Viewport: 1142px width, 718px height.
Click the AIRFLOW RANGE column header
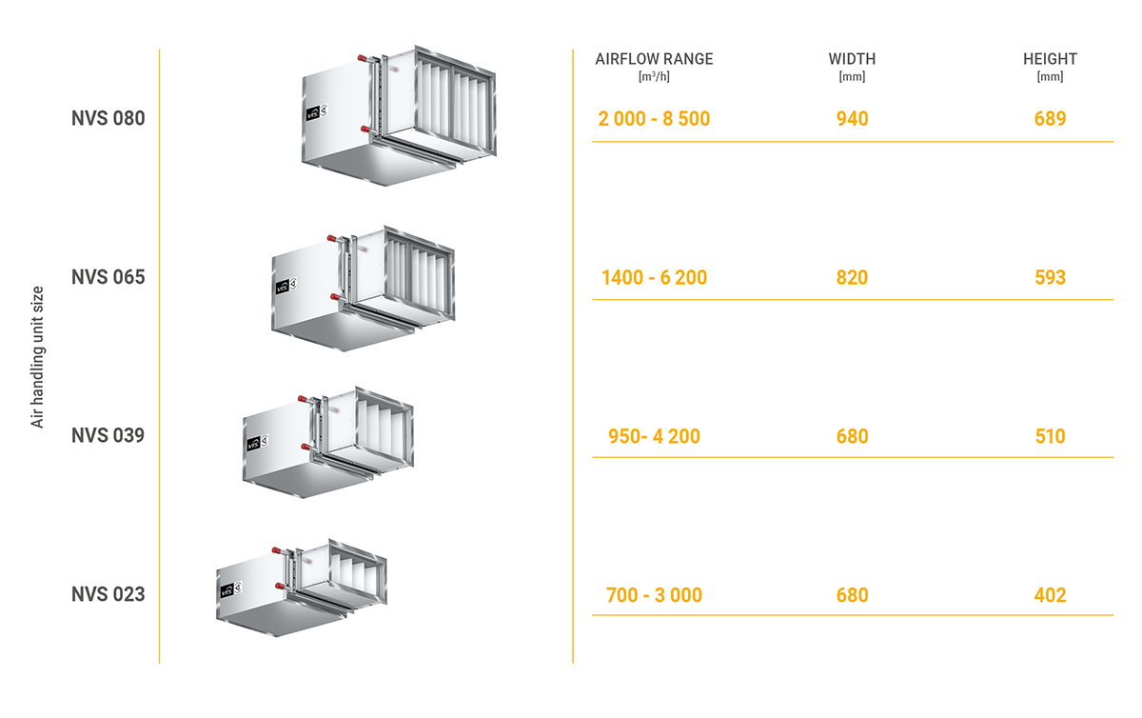tap(654, 59)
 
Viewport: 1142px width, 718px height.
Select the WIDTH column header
tap(852, 59)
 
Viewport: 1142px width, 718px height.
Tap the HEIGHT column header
tap(1050, 59)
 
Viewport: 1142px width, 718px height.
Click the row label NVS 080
tap(108, 119)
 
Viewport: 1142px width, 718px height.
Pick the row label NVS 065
tap(108, 277)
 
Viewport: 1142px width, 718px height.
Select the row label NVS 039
tap(108, 435)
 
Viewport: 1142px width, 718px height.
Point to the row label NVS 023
tap(108, 594)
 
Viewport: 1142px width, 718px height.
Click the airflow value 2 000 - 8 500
tap(654, 119)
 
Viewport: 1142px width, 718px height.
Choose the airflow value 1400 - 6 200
tap(654, 278)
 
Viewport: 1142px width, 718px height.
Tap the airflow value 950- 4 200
tap(654, 436)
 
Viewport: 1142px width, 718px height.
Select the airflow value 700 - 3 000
tap(654, 595)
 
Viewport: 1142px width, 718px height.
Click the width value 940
tap(852, 119)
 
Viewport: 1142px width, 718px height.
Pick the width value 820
tap(852, 278)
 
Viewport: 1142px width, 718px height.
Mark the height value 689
tap(1050, 119)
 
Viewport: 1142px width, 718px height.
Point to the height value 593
tap(1050, 278)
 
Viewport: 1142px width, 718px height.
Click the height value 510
tap(1050, 436)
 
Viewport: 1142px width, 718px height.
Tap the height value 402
tap(1050, 595)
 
